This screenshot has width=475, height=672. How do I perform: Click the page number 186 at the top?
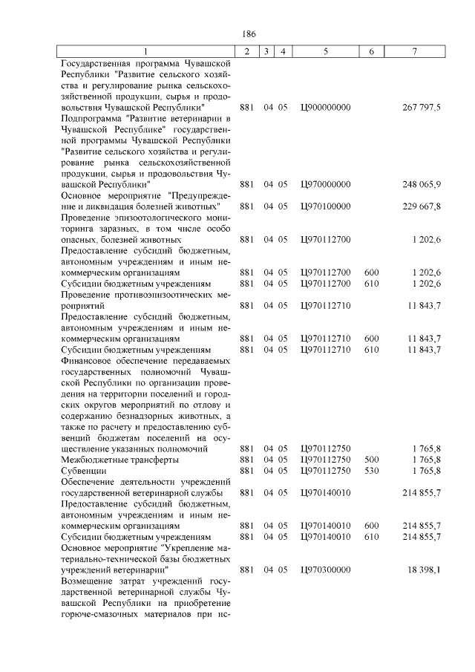(248, 33)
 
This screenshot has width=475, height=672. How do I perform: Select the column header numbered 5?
(326, 51)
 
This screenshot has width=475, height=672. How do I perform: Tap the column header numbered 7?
(416, 51)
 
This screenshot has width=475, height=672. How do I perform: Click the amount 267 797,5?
(422, 108)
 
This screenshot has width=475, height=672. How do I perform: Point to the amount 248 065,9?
(422, 184)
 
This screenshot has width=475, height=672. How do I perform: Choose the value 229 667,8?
(422, 206)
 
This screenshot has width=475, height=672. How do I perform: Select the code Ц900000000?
(326, 108)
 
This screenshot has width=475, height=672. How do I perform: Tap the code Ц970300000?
(326, 569)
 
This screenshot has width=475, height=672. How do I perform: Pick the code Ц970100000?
(326, 206)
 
